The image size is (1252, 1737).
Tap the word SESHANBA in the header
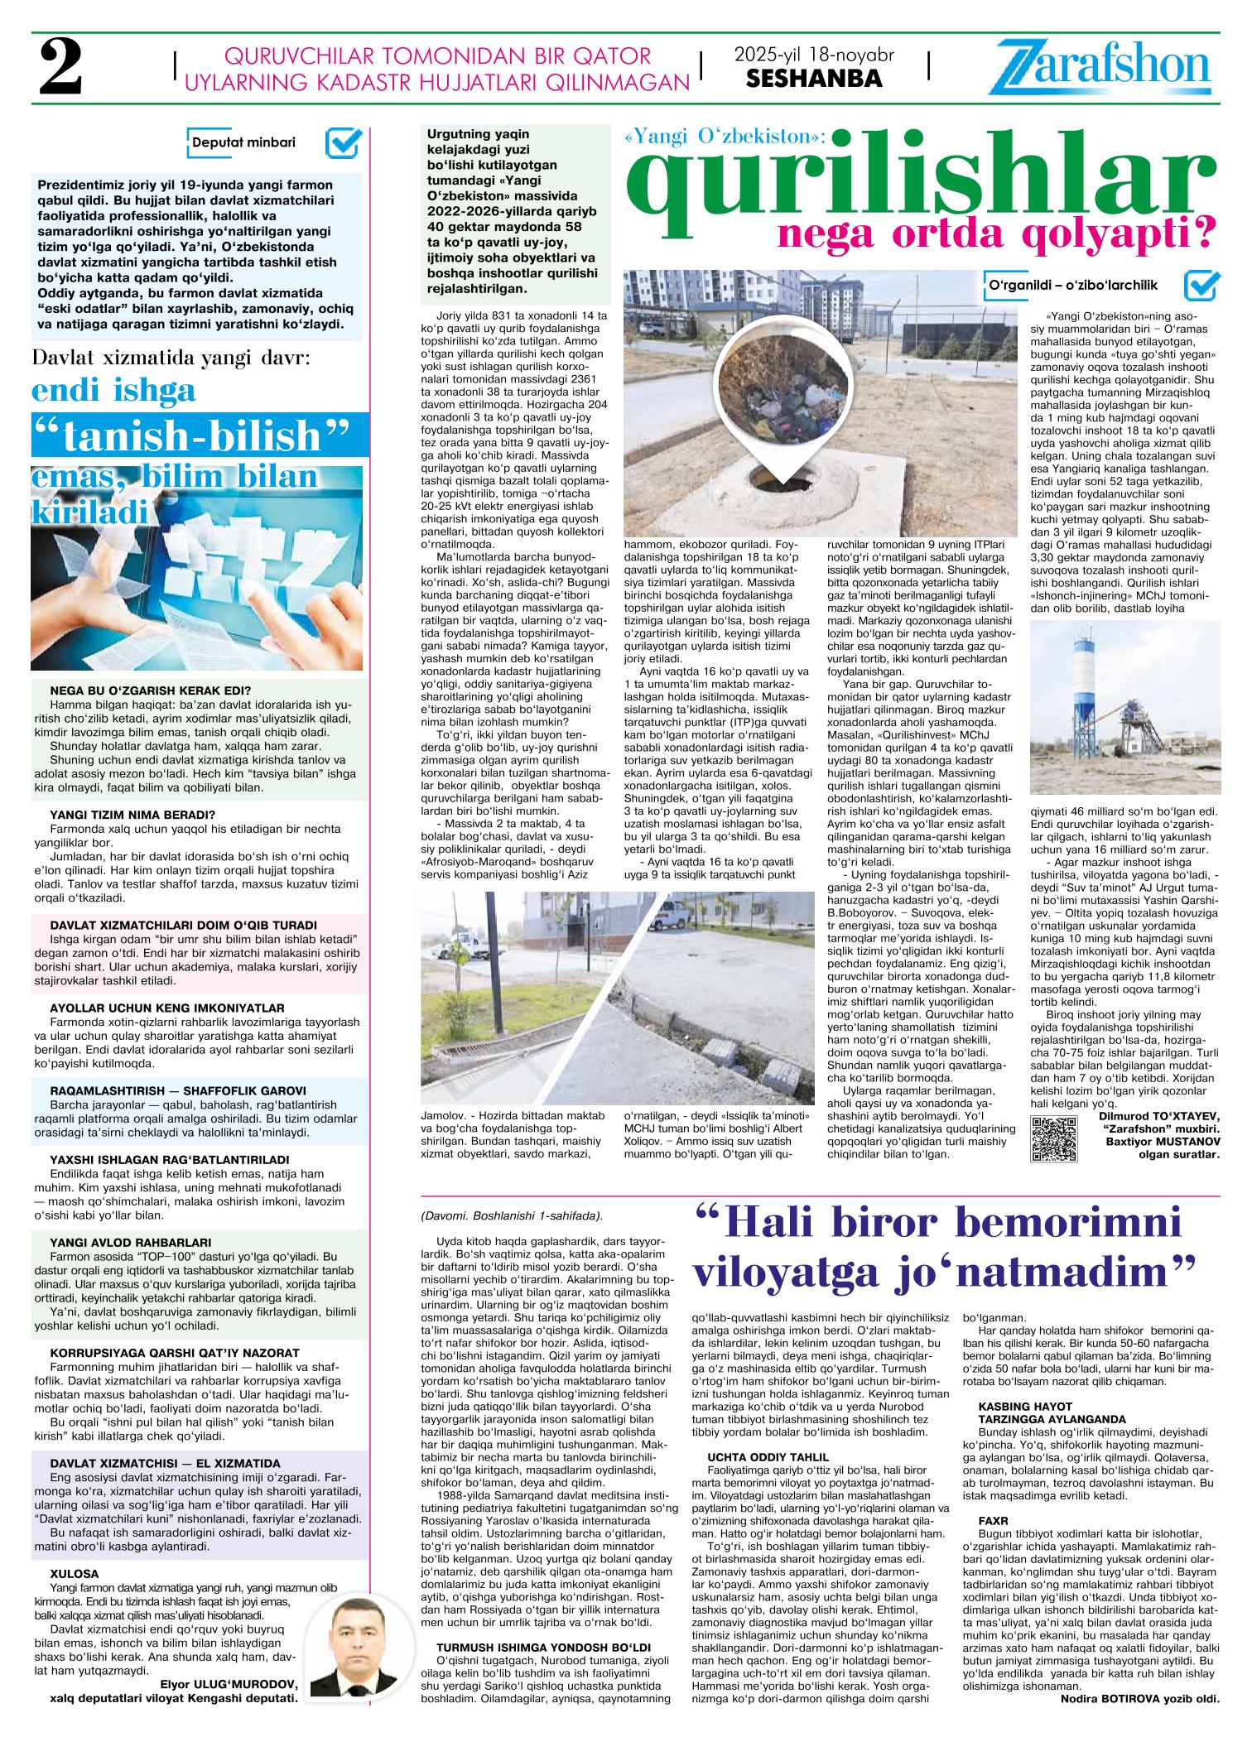pyautogui.click(x=814, y=79)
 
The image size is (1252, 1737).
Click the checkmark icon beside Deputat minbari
pyautogui.click(x=341, y=143)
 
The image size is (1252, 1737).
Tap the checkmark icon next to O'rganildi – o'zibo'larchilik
pyautogui.click(x=1201, y=285)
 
